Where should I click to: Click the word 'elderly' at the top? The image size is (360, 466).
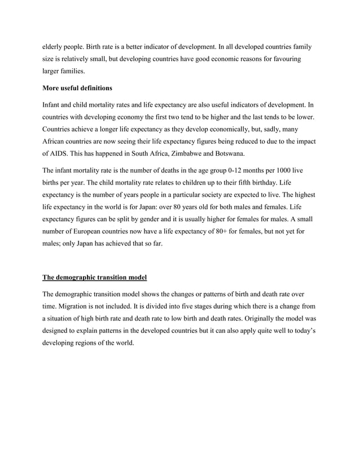coord(52,47)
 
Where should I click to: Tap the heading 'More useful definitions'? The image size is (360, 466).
coord(78,89)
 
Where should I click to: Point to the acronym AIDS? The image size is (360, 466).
coord(59,153)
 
